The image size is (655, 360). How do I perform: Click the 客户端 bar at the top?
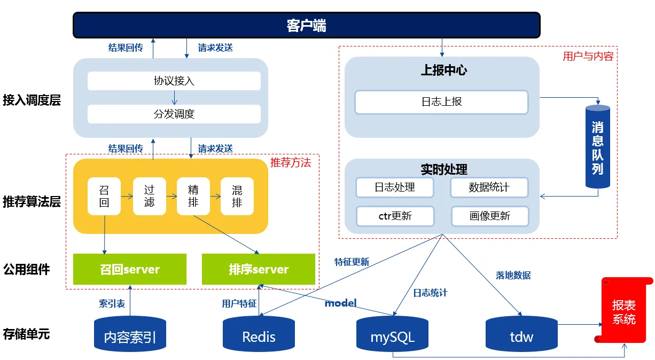pos(306,25)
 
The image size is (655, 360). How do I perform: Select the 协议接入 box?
pos(174,81)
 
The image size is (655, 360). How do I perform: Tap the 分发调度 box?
pos(174,114)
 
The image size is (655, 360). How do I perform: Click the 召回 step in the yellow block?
pos(104,196)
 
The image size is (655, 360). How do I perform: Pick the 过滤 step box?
pos(149,196)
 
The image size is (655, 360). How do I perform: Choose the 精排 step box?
pos(193,196)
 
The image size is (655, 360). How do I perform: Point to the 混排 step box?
pos(237,196)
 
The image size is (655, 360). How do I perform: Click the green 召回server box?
pos(130,269)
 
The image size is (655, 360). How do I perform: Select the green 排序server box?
pos(259,269)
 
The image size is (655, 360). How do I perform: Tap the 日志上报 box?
pos(441,102)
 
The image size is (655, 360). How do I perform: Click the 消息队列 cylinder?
pos(597,147)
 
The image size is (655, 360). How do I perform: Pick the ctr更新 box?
pos(395,216)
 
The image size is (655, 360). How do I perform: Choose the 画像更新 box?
pos(489,216)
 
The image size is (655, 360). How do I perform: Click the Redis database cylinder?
pos(259,335)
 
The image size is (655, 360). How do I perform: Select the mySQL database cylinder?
pos(392,335)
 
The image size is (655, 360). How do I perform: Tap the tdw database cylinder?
pos(521,335)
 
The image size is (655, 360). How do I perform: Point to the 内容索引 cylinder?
pos(130,335)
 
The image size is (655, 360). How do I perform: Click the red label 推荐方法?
pos(290,162)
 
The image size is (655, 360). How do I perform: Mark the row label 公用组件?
pos(26,269)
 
